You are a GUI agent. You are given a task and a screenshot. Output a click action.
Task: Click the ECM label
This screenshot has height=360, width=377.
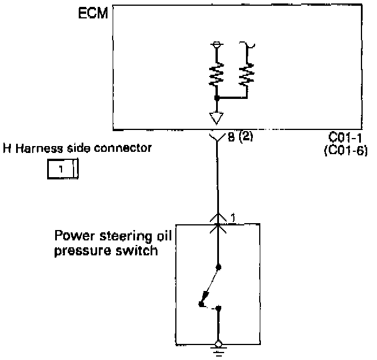pos(93,13)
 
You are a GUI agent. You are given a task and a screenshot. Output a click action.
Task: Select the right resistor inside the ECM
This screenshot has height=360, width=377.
pos(248,73)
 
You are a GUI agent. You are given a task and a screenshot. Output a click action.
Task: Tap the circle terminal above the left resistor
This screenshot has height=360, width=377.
pos(217,44)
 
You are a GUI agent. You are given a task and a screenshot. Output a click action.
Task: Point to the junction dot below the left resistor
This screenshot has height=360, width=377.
pos(217,99)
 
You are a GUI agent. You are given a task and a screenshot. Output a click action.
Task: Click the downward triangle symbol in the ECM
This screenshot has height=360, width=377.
pos(217,118)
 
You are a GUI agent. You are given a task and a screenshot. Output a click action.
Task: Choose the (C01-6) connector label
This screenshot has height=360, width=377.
pos(344,151)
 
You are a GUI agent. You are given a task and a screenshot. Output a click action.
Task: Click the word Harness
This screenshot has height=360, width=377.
pos(39,148)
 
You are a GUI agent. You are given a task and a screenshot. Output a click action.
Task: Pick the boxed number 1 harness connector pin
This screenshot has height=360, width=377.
pos(59,170)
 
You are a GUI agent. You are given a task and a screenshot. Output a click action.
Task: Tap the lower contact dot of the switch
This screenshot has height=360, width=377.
pos(218,309)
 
